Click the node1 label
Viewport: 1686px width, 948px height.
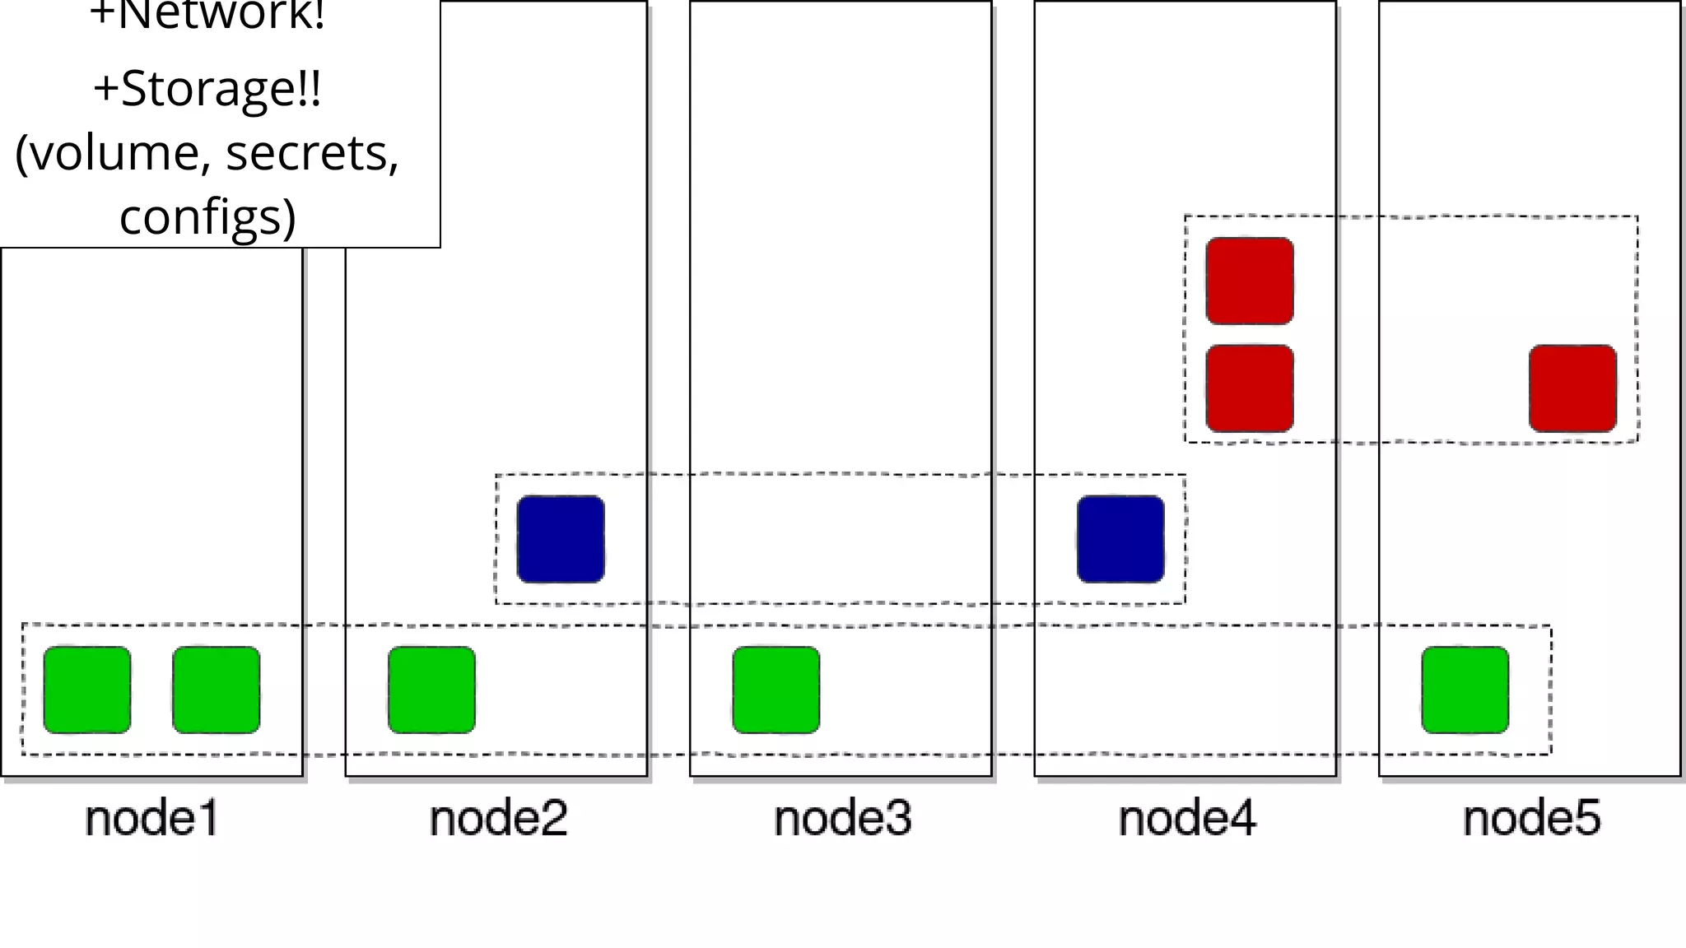[x=152, y=818]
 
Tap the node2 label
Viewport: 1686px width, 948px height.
[x=498, y=818]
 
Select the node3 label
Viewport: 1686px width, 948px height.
[x=842, y=818]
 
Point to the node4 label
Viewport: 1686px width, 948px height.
[x=1186, y=818]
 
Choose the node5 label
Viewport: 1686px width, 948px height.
[x=1531, y=818]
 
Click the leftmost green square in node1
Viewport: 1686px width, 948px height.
[x=87, y=690]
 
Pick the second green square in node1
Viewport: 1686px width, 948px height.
[x=217, y=690]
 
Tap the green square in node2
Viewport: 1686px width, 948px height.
[x=431, y=690]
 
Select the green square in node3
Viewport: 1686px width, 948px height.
[x=776, y=690]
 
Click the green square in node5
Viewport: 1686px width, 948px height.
[x=1465, y=690]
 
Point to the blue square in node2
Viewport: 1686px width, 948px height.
[x=561, y=539]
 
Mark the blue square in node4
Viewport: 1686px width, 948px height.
[x=1120, y=539]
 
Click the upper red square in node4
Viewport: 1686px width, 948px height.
[x=1250, y=281]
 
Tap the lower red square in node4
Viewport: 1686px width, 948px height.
[x=1250, y=388]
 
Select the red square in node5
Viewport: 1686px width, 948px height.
[x=1572, y=388]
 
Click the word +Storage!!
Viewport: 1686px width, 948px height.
[x=207, y=89]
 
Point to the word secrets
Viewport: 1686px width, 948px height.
[x=312, y=153]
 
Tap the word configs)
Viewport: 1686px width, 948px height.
[x=207, y=216]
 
